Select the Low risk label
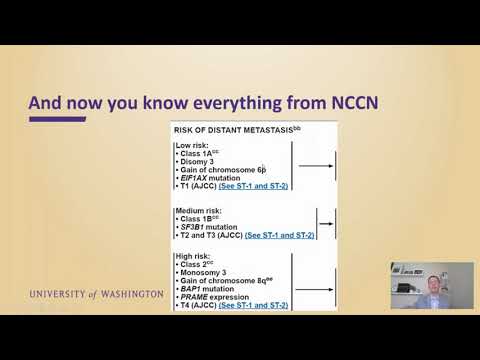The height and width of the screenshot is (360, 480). point(195,145)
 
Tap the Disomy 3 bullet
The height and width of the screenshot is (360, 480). point(200,161)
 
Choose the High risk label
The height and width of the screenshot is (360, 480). point(196,257)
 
